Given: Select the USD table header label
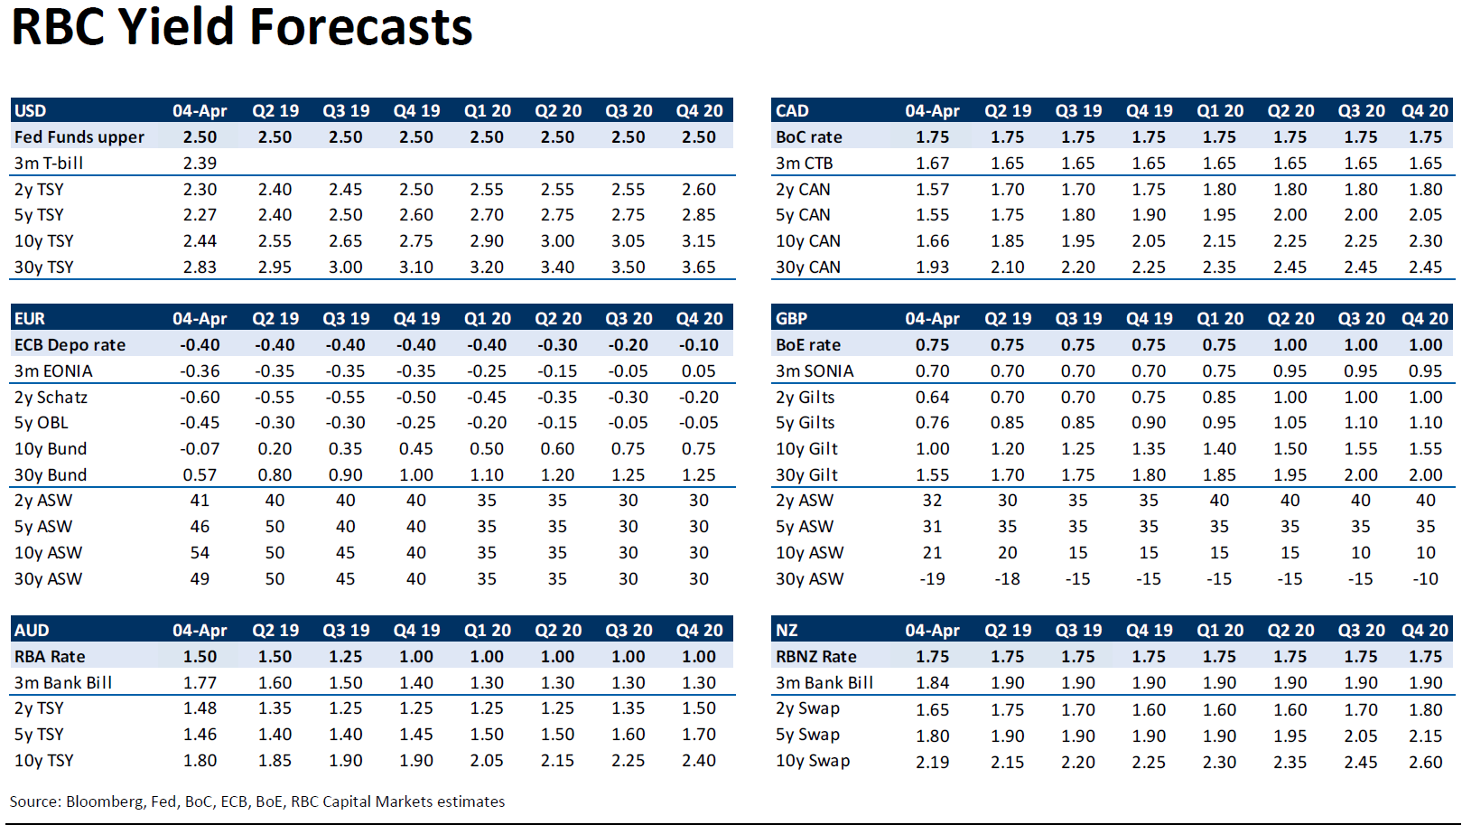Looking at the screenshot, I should pyautogui.click(x=30, y=111).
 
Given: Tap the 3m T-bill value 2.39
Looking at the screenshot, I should pyautogui.click(x=200, y=164).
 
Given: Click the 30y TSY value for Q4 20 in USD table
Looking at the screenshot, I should pyautogui.click(x=699, y=267).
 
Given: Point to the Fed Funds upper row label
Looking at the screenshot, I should pyautogui.click(x=79, y=137).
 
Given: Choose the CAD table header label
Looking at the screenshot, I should pyautogui.click(x=792, y=111).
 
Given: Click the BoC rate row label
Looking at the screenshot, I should pyautogui.click(x=808, y=137).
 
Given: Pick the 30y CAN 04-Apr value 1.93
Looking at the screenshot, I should pyautogui.click(x=932, y=267).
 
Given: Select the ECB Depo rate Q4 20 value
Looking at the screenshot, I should pyautogui.click(x=699, y=345).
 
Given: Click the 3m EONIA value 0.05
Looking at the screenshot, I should pyautogui.click(x=699, y=371).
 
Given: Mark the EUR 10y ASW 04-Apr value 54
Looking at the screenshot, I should pyautogui.click(x=200, y=553).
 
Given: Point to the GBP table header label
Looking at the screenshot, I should pyautogui.click(x=791, y=319).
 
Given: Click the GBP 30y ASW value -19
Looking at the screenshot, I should pyautogui.click(x=932, y=579).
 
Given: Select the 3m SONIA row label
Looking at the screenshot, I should pyautogui.click(x=815, y=371).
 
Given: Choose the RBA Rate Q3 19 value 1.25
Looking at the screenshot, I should pyautogui.click(x=345, y=657).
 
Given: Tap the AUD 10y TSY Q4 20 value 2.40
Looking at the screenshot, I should pyautogui.click(x=699, y=761).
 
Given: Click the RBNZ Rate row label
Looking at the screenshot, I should pyautogui.click(x=816, y=657).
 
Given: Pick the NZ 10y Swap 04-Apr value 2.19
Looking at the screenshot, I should pyautogui.click(x=932, y=762).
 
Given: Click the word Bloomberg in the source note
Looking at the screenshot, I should pyautogui.click(x=105, y=801).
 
